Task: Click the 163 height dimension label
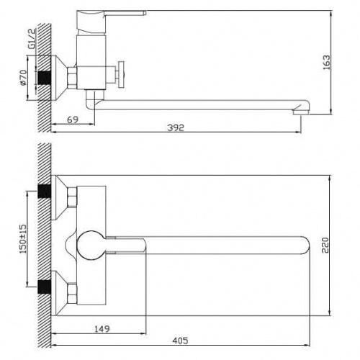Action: click(x=327, y=63)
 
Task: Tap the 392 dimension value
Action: click(x=176, y=127)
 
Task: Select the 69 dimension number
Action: click(x=73, y=120)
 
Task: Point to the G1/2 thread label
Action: click(x=32, y=39)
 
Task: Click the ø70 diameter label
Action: click(x=23, y=77)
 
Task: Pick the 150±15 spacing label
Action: click(x=23, y=239)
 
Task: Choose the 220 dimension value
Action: click(x=325, y=245)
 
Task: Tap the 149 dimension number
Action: click(x=102, y=329)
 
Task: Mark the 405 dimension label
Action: click(x=180, y=341)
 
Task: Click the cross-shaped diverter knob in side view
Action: click(x=121, y=75)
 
